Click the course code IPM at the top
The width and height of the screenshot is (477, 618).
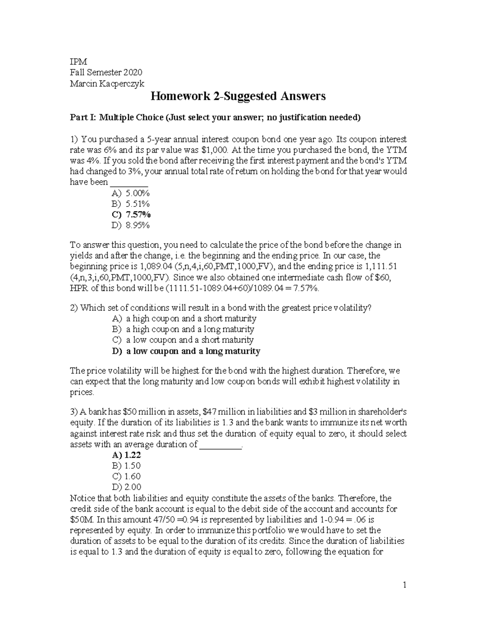click(x=78, y=62)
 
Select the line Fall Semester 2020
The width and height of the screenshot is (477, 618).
click(x=106, y=72)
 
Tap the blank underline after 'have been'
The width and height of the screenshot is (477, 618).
click(x=129, y=183)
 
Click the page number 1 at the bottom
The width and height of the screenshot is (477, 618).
click(x=404, y=585)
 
